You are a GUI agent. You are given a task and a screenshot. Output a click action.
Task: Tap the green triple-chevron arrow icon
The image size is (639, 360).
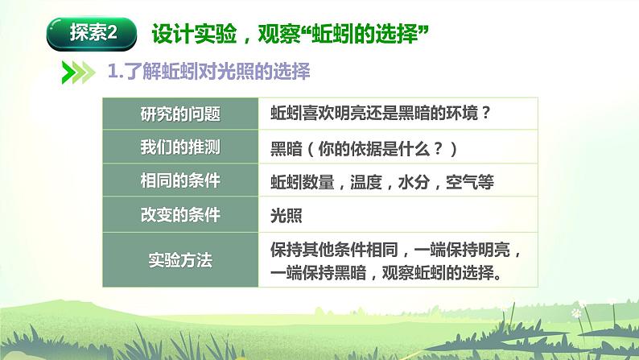click(x=77, y=72)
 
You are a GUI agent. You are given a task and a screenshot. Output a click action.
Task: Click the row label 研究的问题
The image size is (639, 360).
click(x=181, y=114)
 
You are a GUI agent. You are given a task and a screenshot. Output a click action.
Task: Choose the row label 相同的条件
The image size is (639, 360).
click(x=181, y=182)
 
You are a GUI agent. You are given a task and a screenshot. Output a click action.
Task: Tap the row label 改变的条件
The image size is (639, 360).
click(x=181, y=216)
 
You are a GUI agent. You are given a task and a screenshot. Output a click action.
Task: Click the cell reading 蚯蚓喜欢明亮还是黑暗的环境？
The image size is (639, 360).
click(x=380, y=114)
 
